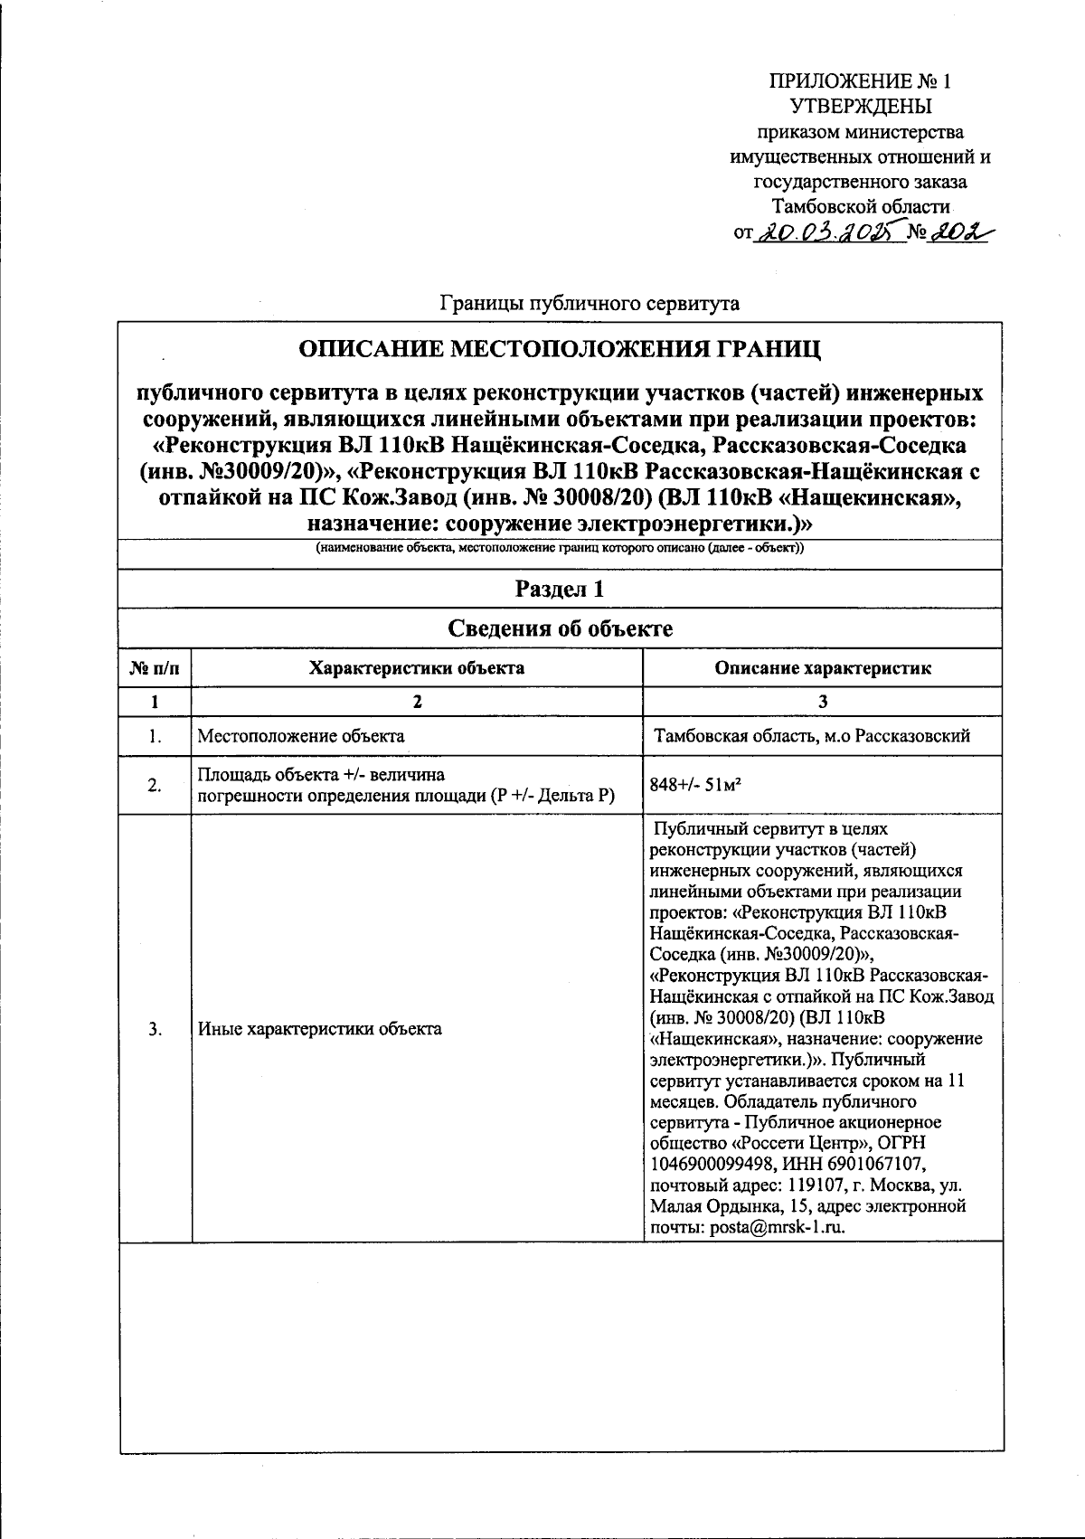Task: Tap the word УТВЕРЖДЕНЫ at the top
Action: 861,107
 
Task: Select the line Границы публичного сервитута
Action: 589,303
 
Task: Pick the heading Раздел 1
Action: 560,590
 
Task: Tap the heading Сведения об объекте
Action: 561,629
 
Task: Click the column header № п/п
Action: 156,668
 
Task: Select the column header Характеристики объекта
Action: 417,668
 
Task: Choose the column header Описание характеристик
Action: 822,668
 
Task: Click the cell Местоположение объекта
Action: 301,735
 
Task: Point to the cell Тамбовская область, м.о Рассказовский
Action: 812,735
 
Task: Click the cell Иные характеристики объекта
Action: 320,1028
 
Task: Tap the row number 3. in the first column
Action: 156,1028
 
